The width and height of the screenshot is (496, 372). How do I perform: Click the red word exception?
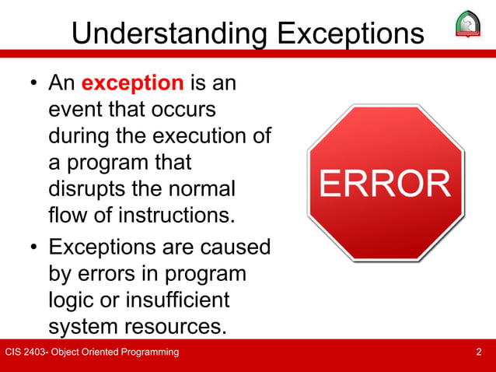132,82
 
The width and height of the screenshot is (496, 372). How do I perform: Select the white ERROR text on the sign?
384,184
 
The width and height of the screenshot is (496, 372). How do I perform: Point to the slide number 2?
478,353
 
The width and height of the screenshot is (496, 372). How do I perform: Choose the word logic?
72,300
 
